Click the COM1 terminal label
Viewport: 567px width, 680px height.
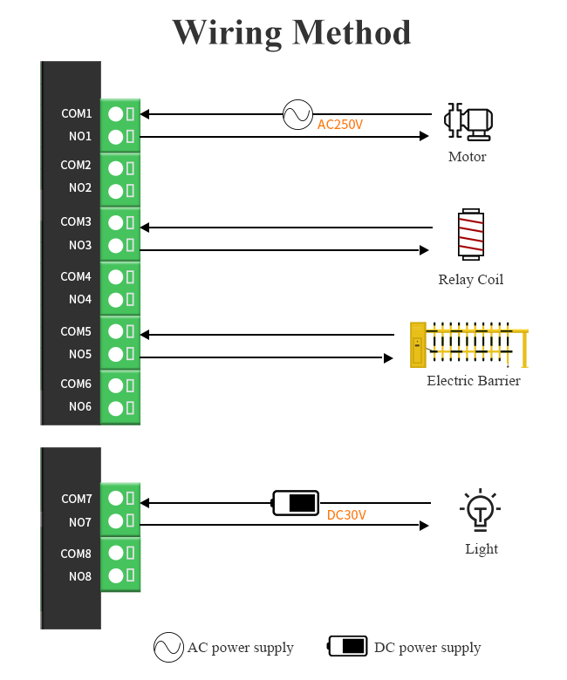tap(76, 113)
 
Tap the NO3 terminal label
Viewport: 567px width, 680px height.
tap(80, 245)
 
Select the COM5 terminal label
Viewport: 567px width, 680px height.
tap(76, 331)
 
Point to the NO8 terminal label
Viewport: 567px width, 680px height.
tap(80, 576)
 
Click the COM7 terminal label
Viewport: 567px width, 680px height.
tap(76, 499)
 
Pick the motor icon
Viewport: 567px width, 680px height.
tap(468, 124)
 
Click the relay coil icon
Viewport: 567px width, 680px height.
tap(471, 234)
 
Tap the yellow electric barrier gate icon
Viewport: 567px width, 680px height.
tap(468, 344)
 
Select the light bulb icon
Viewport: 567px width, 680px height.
tap(480, 511)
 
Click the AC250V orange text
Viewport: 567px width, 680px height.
tap(339, 125)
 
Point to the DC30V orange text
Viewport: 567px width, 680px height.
tap(346, 515)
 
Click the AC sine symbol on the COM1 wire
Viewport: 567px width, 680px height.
tap(297, 114)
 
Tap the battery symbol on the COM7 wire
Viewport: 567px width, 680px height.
tap(296, 502)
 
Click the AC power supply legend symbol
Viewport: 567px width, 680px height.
tap(168, 647)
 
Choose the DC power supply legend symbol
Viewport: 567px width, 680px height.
tap(348, 646)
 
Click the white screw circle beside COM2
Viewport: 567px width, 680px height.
tap(115, 167)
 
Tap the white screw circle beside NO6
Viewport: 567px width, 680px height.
tap(115, 407)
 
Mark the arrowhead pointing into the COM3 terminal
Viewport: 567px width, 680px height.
tap(145, 228)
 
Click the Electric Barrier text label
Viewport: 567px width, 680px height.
tap(474, 381)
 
